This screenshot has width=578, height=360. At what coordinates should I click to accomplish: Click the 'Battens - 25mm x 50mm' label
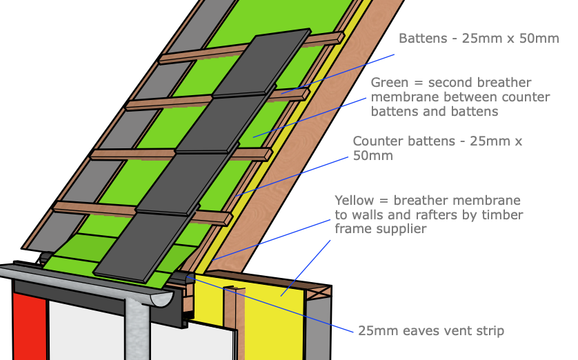pyautogui.click(x=479, y=39)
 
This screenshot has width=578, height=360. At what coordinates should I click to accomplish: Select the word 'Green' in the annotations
pyautogui.click(x=388, y=83)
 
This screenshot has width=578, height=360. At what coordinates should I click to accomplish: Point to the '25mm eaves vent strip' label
pyautogui.click(x=431, y=331)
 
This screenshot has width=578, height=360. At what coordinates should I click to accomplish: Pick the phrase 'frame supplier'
pyautogui.click(x=381, y=229)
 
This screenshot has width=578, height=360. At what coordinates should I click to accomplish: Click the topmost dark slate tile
pyautogui.click(x=261, y=63)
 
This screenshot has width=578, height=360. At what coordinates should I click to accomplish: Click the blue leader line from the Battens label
pyautogui.click(x=338, y=74)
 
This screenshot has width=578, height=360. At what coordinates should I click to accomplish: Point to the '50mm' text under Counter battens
pyautogui.click(x=372, y=156)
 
